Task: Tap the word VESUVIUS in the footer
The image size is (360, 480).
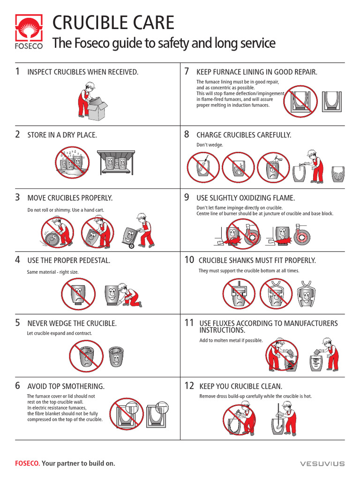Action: coord(322,464)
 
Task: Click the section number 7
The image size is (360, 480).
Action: coord(187,71)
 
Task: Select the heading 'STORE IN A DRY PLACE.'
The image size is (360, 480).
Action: coord(62,135)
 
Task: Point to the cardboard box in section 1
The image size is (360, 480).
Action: coord(97,110)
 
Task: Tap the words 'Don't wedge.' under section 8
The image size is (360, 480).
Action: coord(210,145)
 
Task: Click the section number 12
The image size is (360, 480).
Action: coord(189,386)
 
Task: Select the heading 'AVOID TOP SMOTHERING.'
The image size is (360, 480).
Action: coord(66,386)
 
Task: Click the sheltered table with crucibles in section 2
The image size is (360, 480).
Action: coord(116,162)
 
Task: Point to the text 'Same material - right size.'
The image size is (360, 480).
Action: coord(53,271)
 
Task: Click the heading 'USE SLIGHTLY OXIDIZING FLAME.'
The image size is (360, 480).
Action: coord(246,198)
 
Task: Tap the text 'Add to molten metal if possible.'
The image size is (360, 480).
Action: coord(231,340)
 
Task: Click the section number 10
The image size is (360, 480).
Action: coord(189,260)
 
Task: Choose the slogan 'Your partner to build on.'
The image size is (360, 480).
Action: coord(78,464)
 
